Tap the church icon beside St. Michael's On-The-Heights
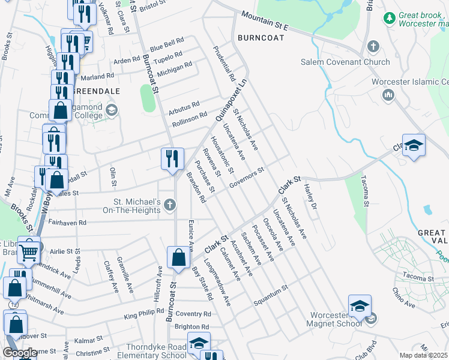(170, 206)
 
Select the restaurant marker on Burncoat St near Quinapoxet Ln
(172, 159)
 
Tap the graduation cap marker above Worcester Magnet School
(360, 306)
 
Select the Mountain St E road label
(265, 22)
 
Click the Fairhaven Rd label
(67, 223)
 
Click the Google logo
(20, 353)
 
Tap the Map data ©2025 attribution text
(423, 355)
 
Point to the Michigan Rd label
(174, 69)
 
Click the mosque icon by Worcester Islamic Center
(387, 95)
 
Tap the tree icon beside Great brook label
(390, 18)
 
